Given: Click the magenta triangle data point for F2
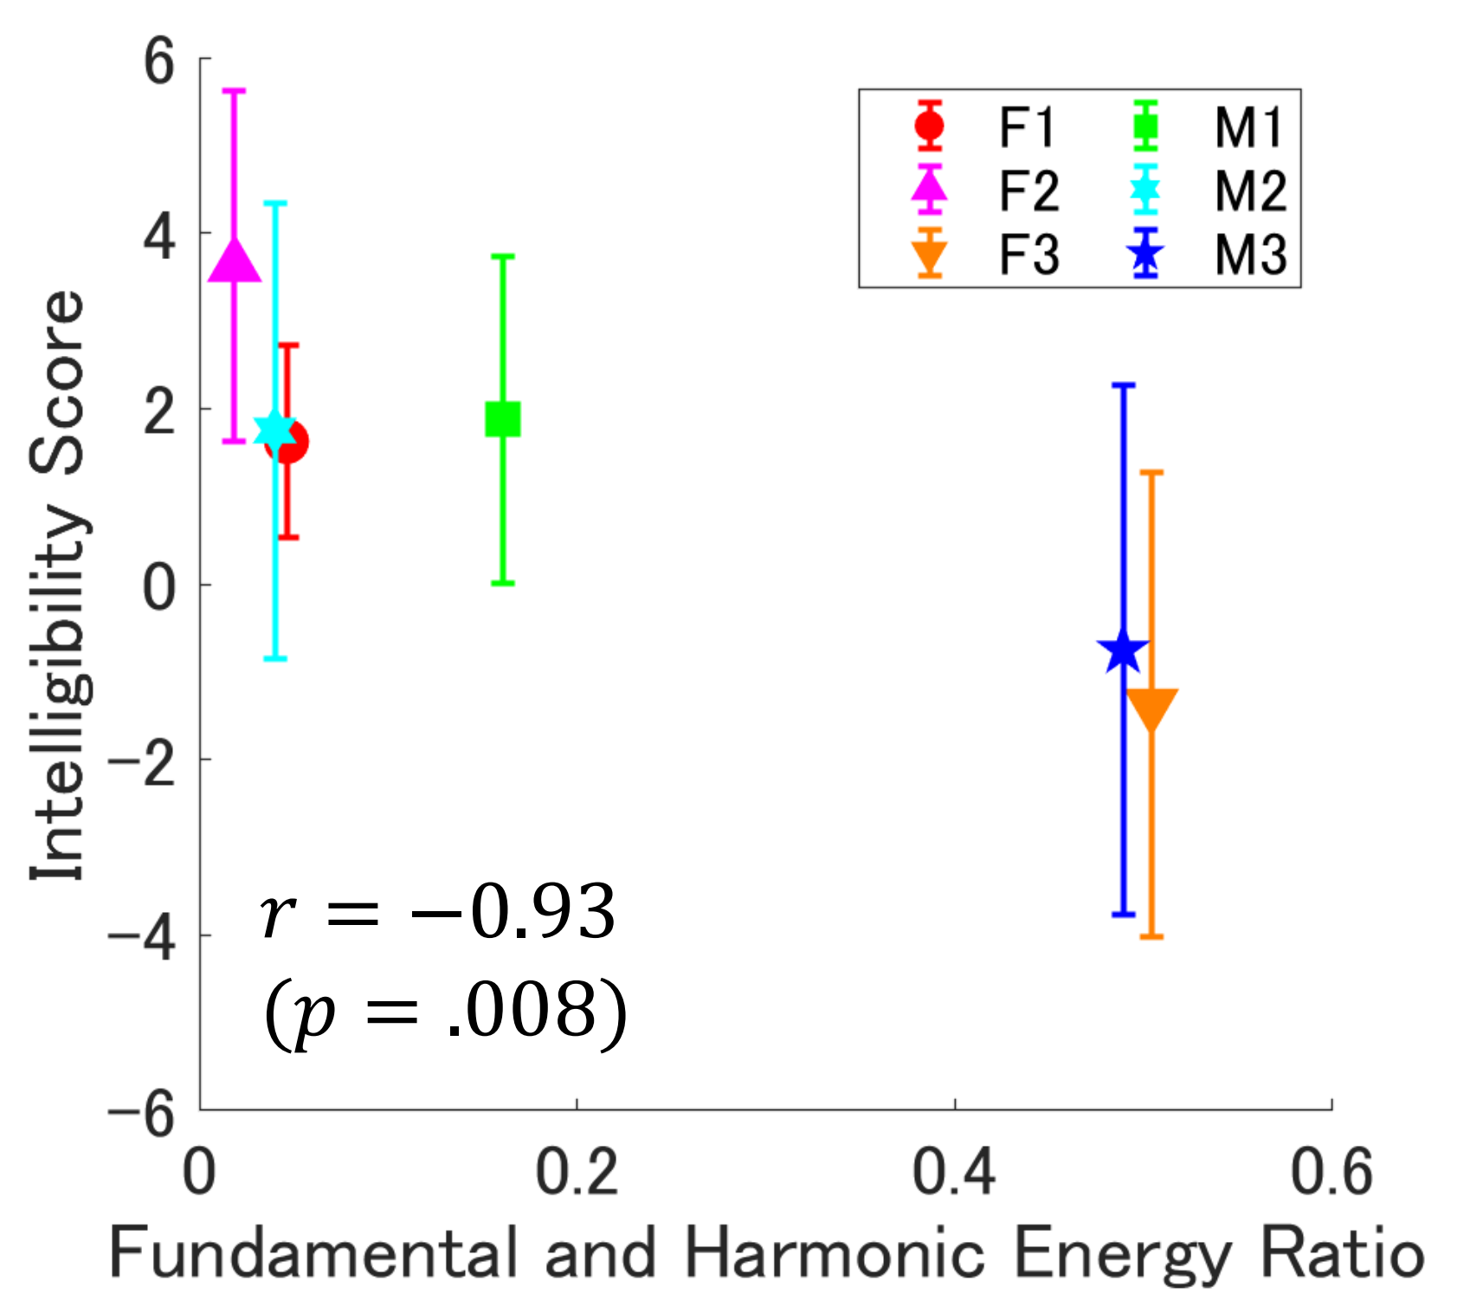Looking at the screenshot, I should (x=235, y=261).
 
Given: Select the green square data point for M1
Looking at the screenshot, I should (x=503, y=419).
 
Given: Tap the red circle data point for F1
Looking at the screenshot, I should (x=287, y=442).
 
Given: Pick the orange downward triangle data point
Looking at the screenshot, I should (x=1152, y=709).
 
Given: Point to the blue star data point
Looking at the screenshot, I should (x=1123, y=650).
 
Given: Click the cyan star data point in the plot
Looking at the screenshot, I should (x=275, y=430).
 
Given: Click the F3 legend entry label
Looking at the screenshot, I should (x=1028, y=255).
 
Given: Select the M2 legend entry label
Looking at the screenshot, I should (x=1250, y=191).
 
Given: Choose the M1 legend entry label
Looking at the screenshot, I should (x=1248, y=128).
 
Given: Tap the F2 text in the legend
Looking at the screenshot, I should (x=1028, y=191).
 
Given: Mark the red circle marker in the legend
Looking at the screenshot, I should (x=930, y=126).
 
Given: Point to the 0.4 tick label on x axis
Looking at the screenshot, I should (x=954, y=1172).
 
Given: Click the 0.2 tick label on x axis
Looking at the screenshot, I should (x=577, y=1172).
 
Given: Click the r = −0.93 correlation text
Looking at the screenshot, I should (x=438, y=913).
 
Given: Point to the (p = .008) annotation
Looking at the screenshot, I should (x=445, y=1012).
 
